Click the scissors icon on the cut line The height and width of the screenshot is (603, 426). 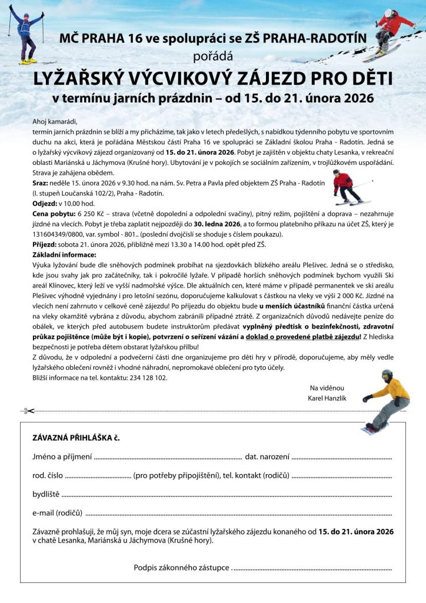coord(28,411)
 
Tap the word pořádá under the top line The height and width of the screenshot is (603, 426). coord(213,57)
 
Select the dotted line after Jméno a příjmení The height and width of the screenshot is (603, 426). coord(168,458)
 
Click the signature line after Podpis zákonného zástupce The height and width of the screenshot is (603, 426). coord(312,569)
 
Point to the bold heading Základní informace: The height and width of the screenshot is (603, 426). coord(64,254)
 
